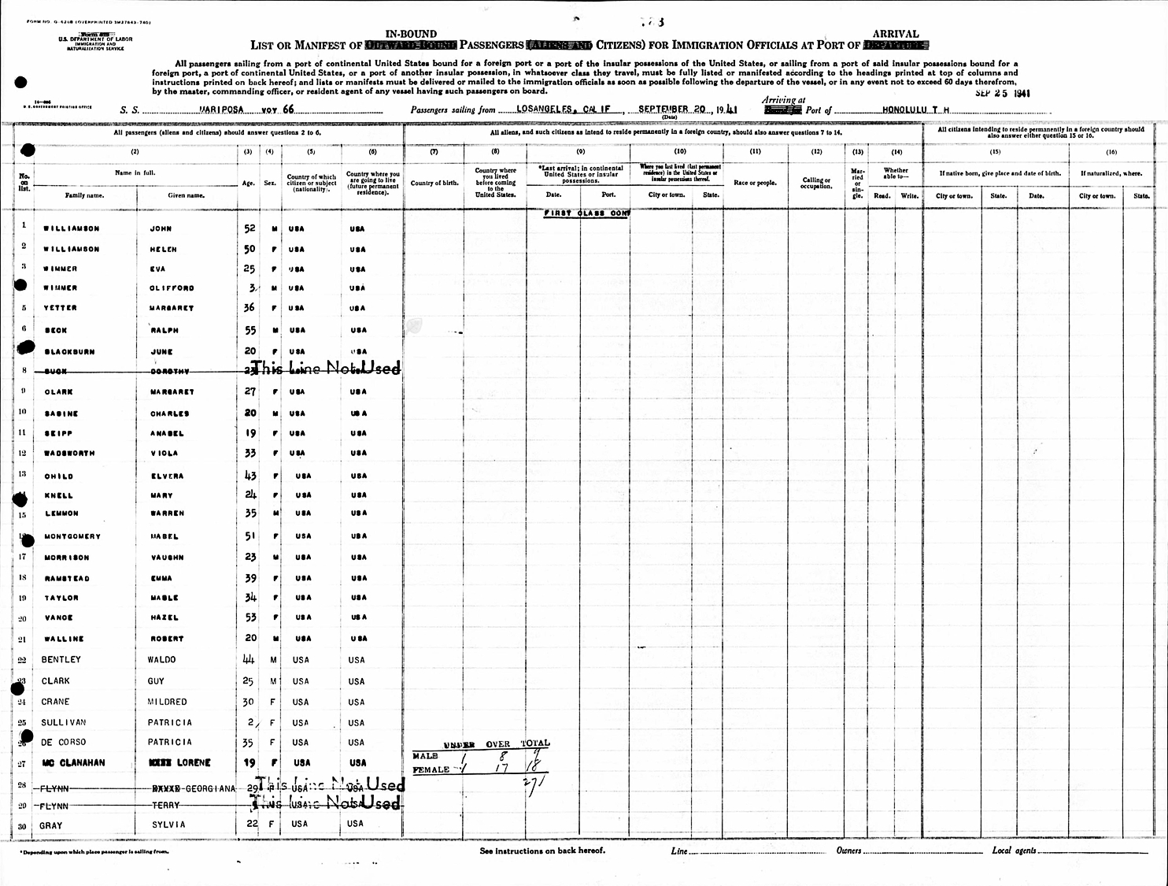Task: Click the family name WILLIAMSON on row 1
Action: (x=72, y=229)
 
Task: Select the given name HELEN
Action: (x=163, y=250)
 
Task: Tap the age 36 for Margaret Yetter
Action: (x=250, y=308)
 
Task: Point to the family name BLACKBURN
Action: (x=69, y=352)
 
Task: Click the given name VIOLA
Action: (x=164, y=454)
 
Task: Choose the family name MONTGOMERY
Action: (x=72, y=537)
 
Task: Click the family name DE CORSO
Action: (x=64, y=743)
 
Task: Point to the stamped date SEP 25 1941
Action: (x=1001, y=94)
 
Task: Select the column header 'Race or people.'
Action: (x=755, y=183)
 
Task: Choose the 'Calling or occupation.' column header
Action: (x=816, y=183)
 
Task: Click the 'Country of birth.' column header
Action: (x=434, y=183)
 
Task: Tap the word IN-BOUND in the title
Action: (x=410, y=34)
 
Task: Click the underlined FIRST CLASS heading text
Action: (x=586, y=213)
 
